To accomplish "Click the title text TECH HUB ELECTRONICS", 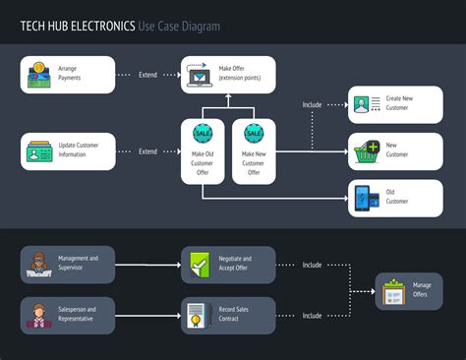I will [x=78, y=26].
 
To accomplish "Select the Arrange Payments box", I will [x=68, y=75].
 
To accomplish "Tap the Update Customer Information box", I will [x=68, y=151].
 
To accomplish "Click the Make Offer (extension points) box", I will [x=228, y=75].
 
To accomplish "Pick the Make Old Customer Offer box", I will [x=204, y=151].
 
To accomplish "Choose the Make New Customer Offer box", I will [x=254, y=151].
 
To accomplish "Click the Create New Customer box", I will [x=395, y=104].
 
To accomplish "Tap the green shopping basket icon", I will [x=368, y=151].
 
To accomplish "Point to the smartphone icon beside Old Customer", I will [x=362, y=198].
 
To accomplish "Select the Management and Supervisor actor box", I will [x=68, y=264].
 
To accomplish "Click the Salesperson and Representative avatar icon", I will [x=38, y=315].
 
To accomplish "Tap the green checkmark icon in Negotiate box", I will [x=199, y=264].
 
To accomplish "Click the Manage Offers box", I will [x=409, y=290].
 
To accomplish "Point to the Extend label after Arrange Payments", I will [x=147, y=75].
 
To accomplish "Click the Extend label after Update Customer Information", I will [x=147, y=151].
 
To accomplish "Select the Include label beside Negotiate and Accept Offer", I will [x=312, y=264].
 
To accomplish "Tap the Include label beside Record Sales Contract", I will [x=312, y=315].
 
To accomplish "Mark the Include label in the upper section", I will [x=312, y=104].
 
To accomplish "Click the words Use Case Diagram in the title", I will [x=180, y=26].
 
